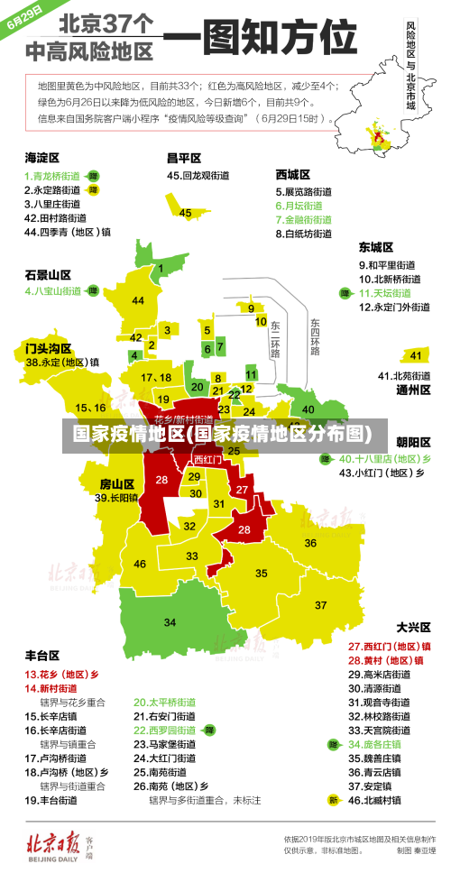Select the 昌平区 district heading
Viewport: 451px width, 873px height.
[183, 158]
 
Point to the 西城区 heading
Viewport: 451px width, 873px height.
[293, 174]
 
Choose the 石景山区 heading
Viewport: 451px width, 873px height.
[48, 274]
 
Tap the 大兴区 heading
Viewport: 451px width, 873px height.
[413, 627]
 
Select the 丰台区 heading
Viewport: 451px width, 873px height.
[41, 656]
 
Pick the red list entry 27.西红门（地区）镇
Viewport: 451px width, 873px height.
[390, 647]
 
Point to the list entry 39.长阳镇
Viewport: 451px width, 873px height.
[116, 498]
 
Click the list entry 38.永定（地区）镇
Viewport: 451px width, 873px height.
[62, 363]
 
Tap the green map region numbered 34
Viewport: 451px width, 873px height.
[170, 621]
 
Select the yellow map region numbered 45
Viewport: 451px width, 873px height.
[186, 213]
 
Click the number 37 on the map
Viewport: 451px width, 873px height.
[320, 604]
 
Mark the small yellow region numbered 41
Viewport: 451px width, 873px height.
[414, 354]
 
